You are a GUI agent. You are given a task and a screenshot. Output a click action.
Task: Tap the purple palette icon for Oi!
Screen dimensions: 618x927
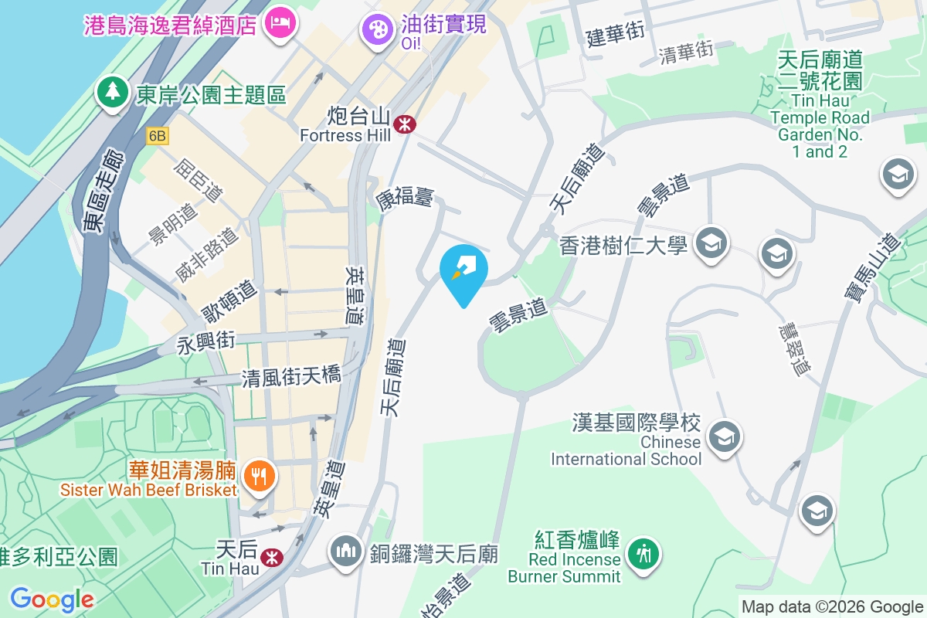378,30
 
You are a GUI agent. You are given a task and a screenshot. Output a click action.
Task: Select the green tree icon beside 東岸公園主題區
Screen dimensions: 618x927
113,92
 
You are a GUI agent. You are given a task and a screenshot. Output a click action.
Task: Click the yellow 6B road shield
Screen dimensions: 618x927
158,136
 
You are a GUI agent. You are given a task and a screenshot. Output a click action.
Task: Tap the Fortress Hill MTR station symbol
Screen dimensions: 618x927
404,124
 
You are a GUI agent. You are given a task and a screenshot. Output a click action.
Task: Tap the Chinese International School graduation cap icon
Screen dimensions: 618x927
725,436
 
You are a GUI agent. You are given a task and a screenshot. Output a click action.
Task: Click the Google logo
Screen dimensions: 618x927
52,599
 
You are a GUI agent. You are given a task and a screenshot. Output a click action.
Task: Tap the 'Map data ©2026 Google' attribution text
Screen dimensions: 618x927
832,607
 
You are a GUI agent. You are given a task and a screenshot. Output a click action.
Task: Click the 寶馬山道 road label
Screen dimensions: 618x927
873,267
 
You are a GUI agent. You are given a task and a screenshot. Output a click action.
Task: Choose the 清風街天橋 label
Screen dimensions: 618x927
290,376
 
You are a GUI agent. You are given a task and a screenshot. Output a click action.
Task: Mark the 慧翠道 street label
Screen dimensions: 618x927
794,349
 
